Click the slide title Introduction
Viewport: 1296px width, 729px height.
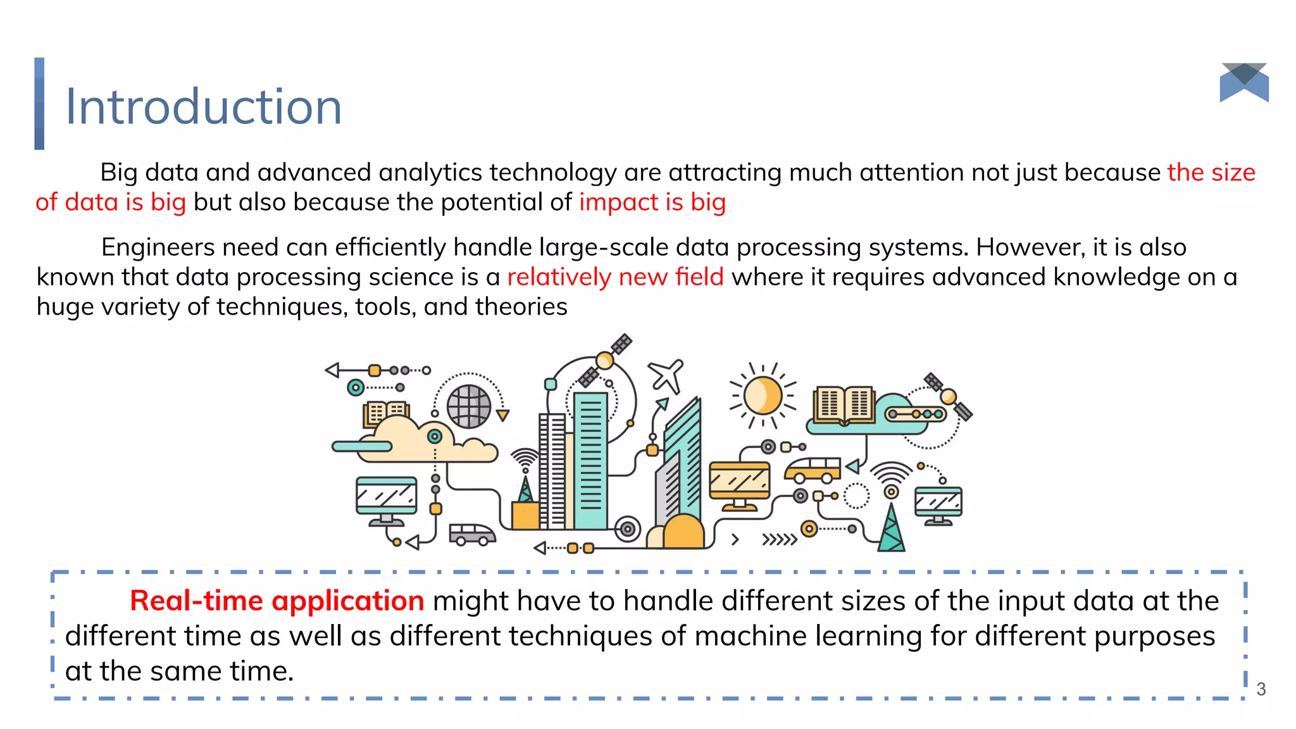pyautogui.click(x=203, y=106)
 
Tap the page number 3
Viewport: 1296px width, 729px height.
pyautogui.click(x=1261, y=689)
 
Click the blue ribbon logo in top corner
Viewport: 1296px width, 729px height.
pyautogui.click(x=1244, y=82)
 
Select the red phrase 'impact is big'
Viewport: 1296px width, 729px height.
pyautogui.click(x=652, y=202)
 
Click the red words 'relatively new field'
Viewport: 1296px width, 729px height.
pyautogui.click(x=615, y=277)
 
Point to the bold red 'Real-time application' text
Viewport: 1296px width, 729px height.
pyautogui.click(x=277, y=601)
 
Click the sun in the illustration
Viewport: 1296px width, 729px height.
pyautogui.click(x=763, y=396)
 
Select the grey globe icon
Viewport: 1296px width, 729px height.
pyautogui.click(x=469, y=406)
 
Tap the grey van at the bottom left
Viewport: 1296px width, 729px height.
pyautogui.click(x=471, y=534)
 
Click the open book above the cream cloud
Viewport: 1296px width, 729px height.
pyautogui.click(x=385, y=413)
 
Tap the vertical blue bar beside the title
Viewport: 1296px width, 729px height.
pyautogui.click(x=39, y=104)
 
